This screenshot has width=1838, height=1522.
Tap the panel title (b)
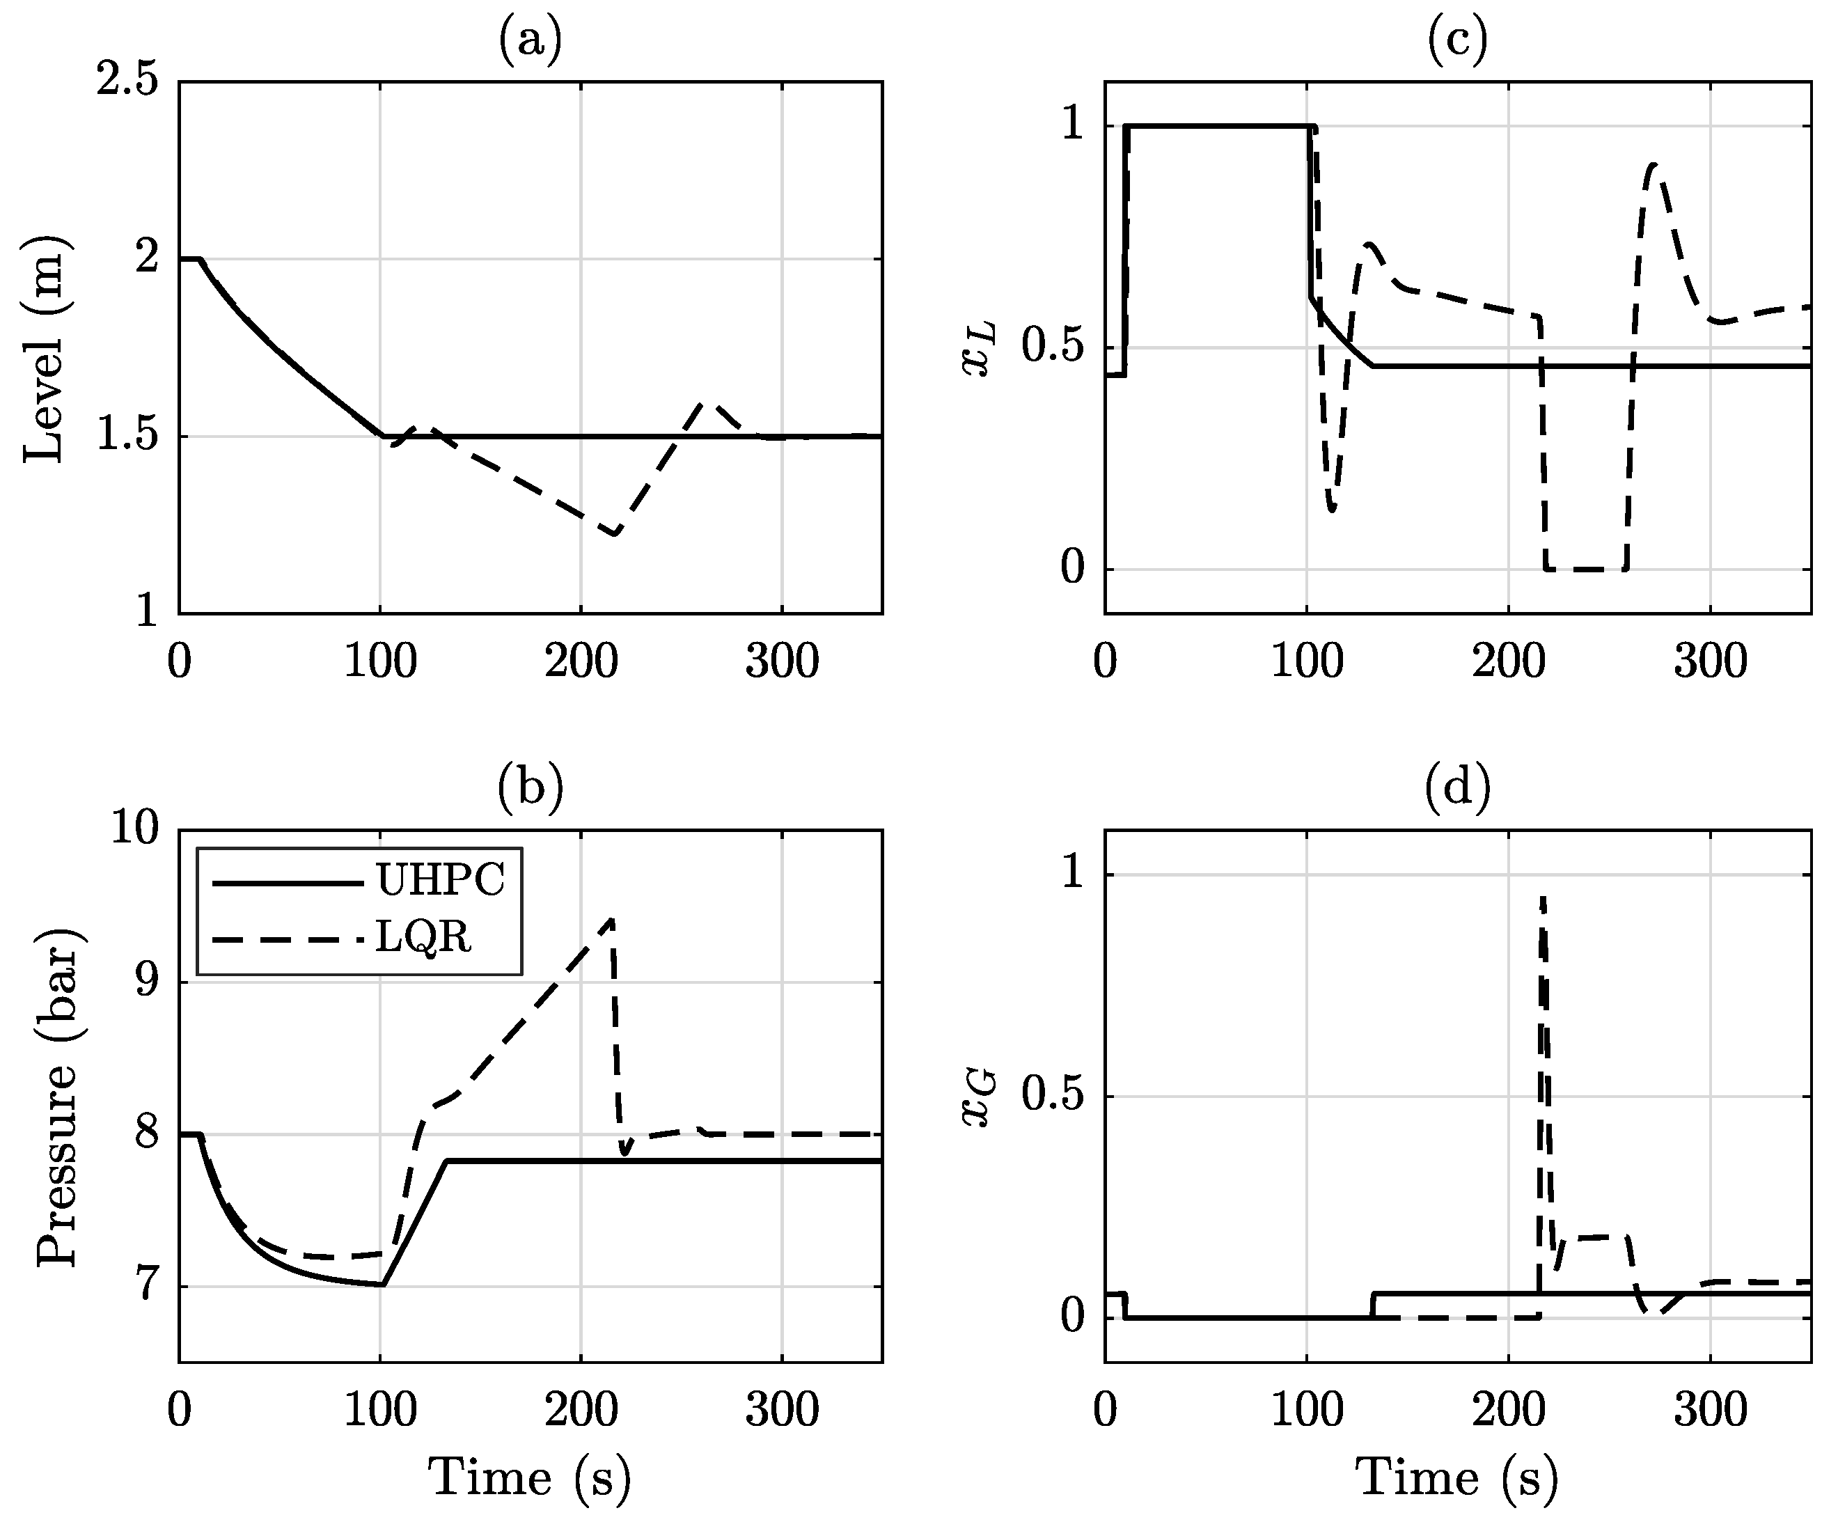coord(530,787)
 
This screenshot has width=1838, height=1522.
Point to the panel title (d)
coord(1457,787)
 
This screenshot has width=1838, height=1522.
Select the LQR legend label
coord(423,937)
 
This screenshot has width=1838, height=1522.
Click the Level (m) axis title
coord(44,348)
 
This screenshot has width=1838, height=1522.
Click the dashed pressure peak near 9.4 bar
coord(612,920)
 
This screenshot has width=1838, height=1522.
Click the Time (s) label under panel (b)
coord(530,1479)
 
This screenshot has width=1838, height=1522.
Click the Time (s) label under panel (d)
coord(1457,1479)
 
